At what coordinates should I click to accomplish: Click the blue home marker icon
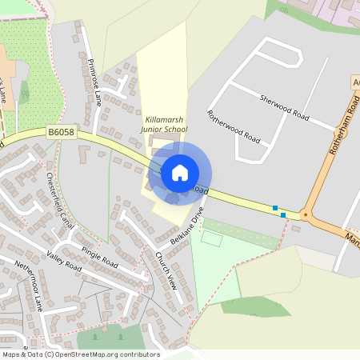coord(180,173)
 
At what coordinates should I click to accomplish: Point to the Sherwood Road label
coord(284,106)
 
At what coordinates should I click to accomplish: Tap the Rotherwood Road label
coord(234,126)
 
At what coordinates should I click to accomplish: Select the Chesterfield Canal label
coord(61,199)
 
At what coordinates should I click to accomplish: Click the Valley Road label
coord(65,261)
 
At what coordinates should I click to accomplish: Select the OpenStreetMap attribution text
coord(80,354)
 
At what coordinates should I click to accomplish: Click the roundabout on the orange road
coord(306,215)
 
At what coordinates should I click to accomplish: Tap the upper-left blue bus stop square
coord(275,208)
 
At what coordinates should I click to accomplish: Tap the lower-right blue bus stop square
coord(283,214)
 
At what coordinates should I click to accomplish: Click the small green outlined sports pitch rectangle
coord(211,238)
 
